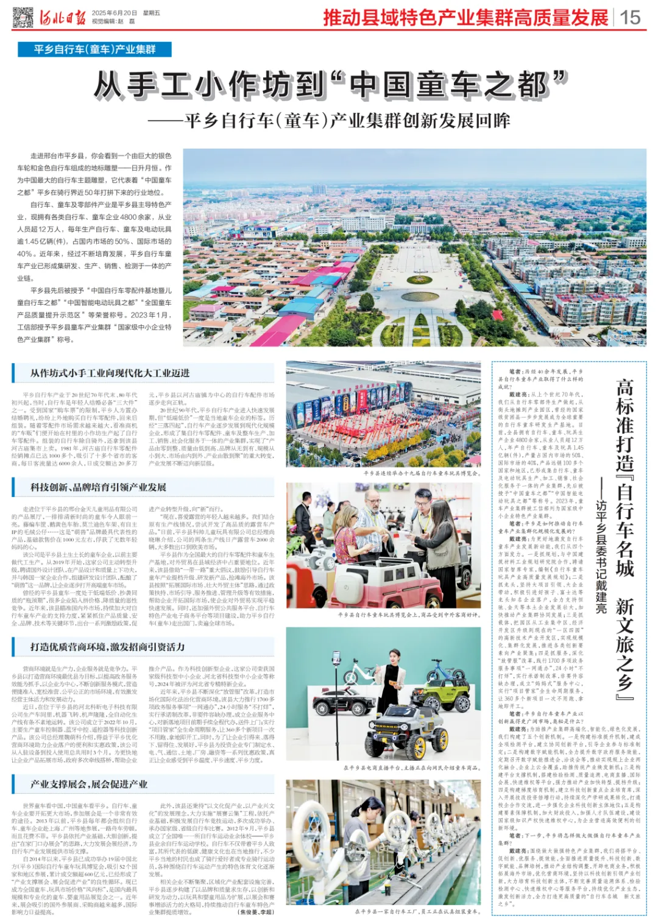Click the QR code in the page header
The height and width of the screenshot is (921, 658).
click(23, 17)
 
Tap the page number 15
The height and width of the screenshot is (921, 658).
click(630, 17)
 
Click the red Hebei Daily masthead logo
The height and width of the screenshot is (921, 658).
click(63, 17)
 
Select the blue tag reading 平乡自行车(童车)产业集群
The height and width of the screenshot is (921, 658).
click(95, 49)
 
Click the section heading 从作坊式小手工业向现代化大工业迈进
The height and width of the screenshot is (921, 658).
click(110, 373)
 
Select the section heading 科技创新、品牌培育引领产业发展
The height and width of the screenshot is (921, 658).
click(98, 487)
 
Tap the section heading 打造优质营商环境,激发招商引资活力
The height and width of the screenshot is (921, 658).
click(107, 647)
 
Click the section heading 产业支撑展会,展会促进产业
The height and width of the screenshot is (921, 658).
click(89, 784)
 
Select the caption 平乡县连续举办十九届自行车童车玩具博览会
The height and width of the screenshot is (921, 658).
click(421, 473)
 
